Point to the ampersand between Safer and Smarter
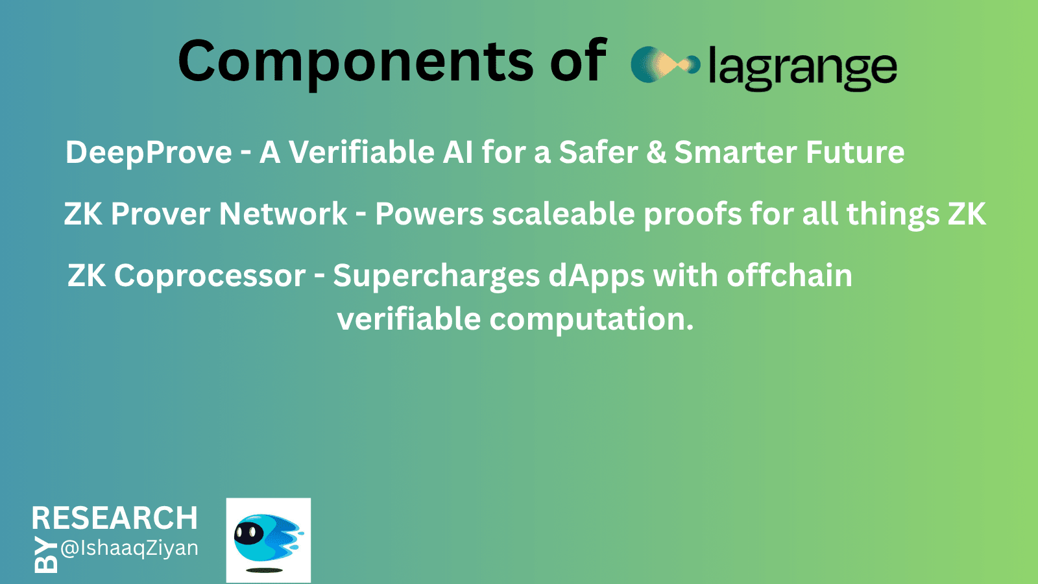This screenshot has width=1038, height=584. point(656,152)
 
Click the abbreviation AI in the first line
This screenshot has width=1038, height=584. point(458,152)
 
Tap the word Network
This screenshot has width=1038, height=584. point(283,213)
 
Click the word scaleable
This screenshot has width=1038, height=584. point(563,213)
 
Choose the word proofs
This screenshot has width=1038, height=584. point(693,215)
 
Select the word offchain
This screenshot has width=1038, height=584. point(789,275)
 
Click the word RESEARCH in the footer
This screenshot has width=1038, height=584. point(114,518)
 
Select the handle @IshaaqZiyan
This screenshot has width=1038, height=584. point(129,549)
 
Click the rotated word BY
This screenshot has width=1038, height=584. point(46,555)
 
